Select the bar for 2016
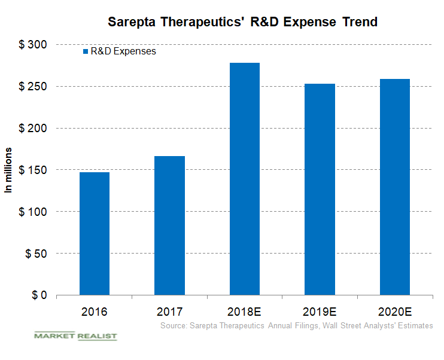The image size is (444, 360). click(x=95, y=234)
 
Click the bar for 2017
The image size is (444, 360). click(x=169, y=225)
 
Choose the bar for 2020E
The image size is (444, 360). click(x=394, y=187)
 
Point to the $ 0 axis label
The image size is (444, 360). click(x=39, y=295)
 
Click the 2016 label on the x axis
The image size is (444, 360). click(x=95, y=312)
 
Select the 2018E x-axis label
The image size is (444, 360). click(x=244, y=312)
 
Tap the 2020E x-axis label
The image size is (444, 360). click(x=394, y=312)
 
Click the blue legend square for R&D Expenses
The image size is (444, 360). click(x=85, y=52)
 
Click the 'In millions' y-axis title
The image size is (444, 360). click(x=9, y=170)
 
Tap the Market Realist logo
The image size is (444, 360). click(x=75, y=336)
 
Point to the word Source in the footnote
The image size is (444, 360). click(x=174, y=325)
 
